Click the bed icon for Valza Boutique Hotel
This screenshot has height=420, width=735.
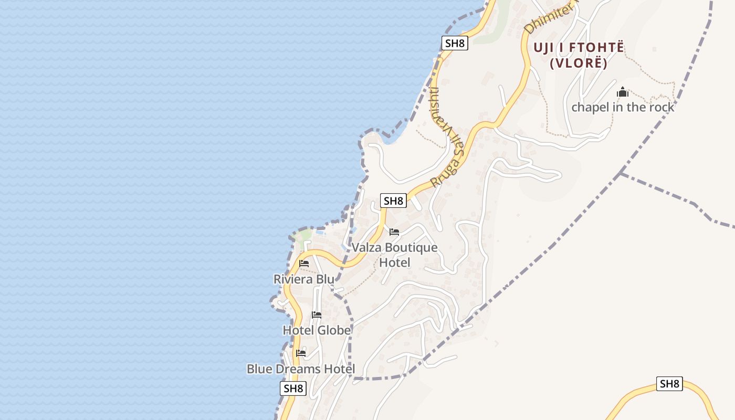[394, 232]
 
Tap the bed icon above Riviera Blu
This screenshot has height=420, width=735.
[304, 264]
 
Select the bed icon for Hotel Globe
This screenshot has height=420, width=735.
[317, 315]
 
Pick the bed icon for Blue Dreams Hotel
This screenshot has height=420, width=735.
[301, 353]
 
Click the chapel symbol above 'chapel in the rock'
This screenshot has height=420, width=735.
[623, 92]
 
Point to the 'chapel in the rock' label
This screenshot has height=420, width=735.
[623, 107]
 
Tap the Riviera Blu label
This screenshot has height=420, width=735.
[303, 279]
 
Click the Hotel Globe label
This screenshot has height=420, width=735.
[317, 330]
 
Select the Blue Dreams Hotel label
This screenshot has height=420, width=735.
[301, 369]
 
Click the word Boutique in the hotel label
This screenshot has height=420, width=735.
[411, 248]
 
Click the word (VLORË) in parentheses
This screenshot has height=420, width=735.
[579, 64]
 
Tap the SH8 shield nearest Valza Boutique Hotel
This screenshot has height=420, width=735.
[393, 201]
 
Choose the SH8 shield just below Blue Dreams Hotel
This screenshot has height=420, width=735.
[293, 388]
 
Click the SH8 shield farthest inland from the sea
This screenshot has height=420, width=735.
[669, 384]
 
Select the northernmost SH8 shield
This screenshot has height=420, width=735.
[455, 43]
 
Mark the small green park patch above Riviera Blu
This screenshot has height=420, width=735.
[304, 235]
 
